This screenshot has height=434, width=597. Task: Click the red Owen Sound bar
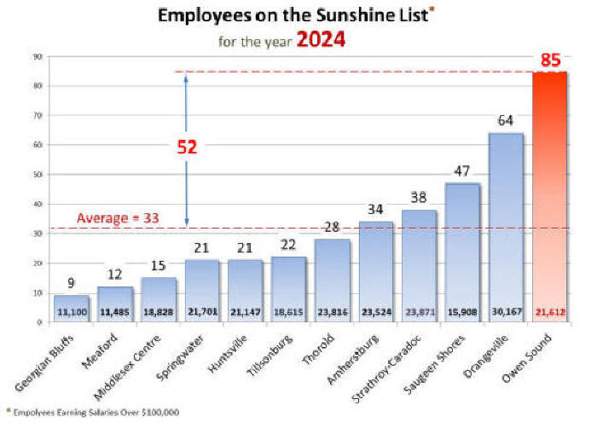click(548, 196)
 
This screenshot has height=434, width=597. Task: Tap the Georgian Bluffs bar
click(71, 308)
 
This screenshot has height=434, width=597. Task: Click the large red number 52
click(187, 147)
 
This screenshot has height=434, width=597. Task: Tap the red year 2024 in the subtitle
click(320, 40)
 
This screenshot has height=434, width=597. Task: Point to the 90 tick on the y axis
click(38, 57)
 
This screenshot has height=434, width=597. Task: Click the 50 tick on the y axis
click(38, 175)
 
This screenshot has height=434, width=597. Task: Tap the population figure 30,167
click(505, 312)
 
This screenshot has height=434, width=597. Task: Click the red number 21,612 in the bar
click(548, 312)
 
